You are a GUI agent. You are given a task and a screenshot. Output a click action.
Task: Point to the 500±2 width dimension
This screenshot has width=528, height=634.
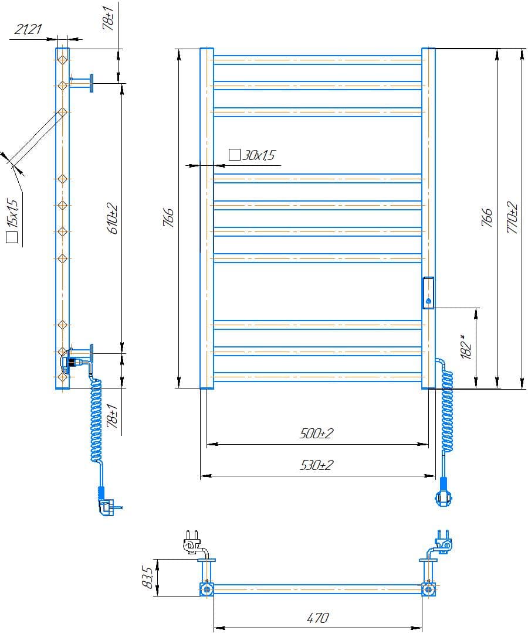pyautogui.click(x=316, y=434)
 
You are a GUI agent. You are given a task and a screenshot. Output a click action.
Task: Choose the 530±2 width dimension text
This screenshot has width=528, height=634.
pyautogui.click(x=316, y=465)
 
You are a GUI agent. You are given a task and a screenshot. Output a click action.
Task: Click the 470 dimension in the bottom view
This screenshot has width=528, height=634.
pyautogui.click(x=317, y=617)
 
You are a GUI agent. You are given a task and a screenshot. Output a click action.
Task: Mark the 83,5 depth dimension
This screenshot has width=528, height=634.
pyautogui.click(x=148, y=578)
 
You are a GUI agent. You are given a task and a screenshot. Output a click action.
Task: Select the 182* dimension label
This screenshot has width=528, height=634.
pyautogui.click(x=466, y=347)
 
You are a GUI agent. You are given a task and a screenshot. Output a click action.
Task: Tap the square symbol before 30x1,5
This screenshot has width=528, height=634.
pyautogui.click(x=235, y=155)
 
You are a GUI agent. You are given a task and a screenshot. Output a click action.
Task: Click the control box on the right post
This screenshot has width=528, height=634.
pyautogui.click(x=428, y=292)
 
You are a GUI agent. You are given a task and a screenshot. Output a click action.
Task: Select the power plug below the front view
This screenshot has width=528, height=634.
pyautogui.click(x=444, y=495)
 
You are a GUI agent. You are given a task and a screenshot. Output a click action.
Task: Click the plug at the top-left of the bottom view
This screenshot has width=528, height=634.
pyautogui.click(x=191, y=543)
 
